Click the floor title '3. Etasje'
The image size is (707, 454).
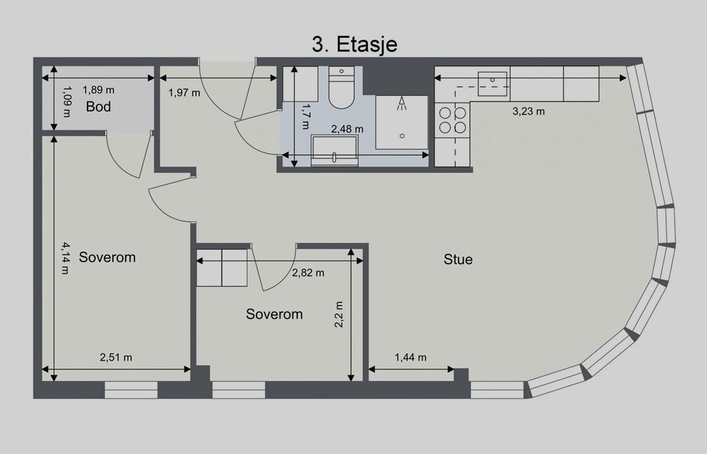click(354, 45)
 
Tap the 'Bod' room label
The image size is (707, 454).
click(98, 107)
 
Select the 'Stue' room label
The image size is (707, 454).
click(458, 260)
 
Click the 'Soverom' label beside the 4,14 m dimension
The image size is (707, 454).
click(107, 257)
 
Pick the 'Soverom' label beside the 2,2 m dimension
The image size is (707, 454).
click(274, 314)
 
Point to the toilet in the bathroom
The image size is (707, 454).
click(342, 88)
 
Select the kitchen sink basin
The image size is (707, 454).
click(492, 83)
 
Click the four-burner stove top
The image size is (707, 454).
click(452, 120)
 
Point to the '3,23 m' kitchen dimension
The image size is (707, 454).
click(529, 111)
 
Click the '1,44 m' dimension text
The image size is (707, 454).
click(410, 358)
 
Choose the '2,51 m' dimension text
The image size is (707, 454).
click(116, 358)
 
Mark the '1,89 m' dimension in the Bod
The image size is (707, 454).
click(98, 90)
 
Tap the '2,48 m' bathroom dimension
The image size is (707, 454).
click(347, 129)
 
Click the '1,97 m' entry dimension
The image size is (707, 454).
click(184, 93)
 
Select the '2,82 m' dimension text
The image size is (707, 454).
click(308, 272)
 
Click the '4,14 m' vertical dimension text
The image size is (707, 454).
click(66, 259)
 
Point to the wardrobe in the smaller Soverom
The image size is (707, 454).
click(222, 267)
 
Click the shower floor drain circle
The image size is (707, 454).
click(402, 136)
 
